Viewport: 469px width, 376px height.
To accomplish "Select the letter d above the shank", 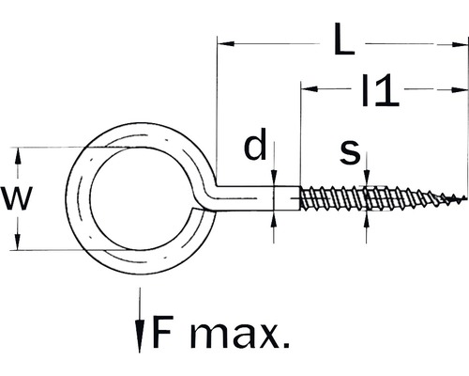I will coord(254,148).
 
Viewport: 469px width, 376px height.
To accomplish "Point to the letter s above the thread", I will coord(349,150).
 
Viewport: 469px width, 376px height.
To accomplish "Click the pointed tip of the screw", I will coord(462,199).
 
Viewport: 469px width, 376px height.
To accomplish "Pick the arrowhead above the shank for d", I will coord(274,180).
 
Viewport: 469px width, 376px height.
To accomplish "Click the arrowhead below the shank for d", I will coord(274,218).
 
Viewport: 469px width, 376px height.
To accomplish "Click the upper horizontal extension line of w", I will coord(56,147).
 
